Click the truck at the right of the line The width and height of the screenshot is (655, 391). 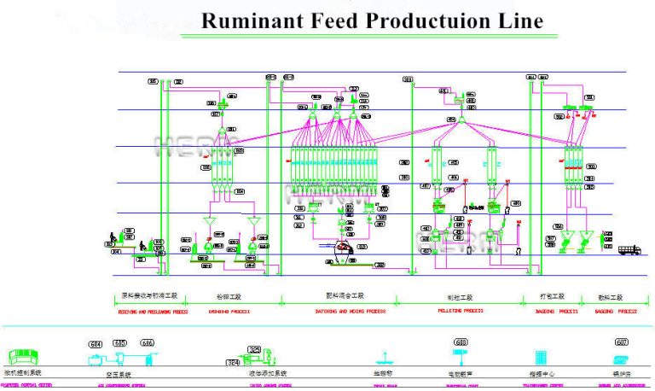click(628, 250)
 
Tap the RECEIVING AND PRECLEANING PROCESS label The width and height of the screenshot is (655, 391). click(150, 312)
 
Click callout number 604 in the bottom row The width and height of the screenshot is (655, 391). click(96, 343)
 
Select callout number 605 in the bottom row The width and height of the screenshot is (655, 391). click(120, 343)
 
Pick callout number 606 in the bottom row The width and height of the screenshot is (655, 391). click(148, 343)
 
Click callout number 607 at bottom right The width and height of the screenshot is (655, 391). click(621, 342)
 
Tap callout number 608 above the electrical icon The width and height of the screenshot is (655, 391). click(461, 342)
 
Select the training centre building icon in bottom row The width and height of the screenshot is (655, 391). click(540, 358)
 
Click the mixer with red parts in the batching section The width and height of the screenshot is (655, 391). click(345, 248)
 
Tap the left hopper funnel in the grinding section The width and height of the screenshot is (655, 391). click(209, 225)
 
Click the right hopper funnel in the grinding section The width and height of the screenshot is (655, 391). click(253, 225)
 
